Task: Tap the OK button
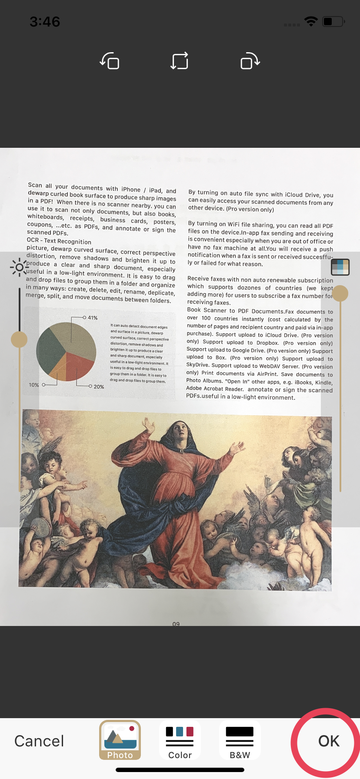coord(329,741)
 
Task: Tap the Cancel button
coord(39,741)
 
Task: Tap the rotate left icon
coord(110,61)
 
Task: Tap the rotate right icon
coord(250,61)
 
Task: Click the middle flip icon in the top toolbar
coord(180,61)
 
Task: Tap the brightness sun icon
coord(19,267)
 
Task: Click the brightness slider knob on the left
coord(19,339)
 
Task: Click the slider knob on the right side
coord(340,293)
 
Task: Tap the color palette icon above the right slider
coord(340,267)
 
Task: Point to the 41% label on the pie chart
coord(93,318)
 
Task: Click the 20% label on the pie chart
coord(99,387)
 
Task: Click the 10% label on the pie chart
coord(34,385)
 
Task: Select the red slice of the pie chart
coord(79,364)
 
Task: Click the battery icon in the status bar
coord(333,21)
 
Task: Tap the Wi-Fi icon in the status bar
coord(311,21)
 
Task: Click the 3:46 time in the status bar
coord(45,22)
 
